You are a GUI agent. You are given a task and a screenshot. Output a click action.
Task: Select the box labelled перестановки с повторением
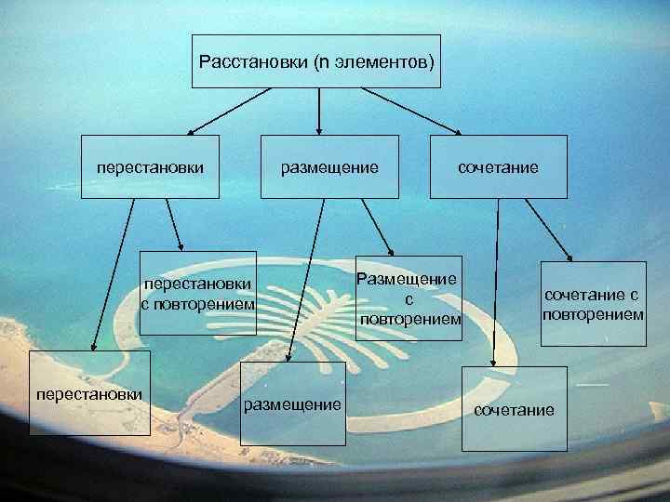[197, 294]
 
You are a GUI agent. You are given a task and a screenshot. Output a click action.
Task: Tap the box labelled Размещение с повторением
[409, 298]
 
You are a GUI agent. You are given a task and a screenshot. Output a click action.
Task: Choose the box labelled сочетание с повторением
[593, 303]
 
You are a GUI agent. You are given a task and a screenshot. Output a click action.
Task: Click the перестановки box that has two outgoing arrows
[150, 167]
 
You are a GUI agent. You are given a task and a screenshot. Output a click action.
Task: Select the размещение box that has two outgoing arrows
[329, 167]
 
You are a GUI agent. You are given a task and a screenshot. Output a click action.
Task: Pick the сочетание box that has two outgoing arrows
[498, 167]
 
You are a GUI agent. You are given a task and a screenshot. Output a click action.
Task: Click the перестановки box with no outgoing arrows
[89, 394]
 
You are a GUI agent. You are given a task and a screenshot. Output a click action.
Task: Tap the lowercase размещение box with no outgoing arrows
[291, 405]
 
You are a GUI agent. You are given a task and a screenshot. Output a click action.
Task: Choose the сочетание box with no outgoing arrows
[515, 409]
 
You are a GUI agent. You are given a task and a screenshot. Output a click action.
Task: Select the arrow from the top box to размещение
[319, 112]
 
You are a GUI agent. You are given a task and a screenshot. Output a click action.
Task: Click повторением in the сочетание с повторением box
[593, 314]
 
